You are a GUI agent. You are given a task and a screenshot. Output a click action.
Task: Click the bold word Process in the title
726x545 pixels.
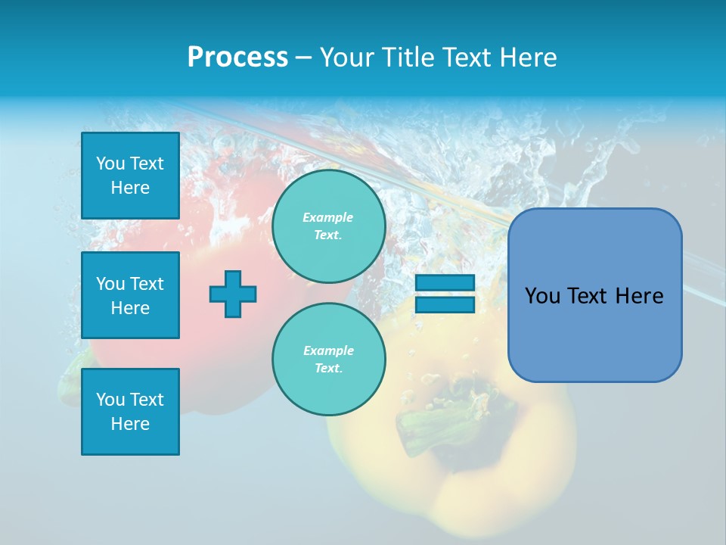[x=237, y=58]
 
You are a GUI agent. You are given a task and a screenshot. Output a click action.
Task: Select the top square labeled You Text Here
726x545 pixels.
[x=130, y=176]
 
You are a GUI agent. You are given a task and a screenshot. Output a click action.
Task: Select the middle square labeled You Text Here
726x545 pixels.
[x=130, y=295]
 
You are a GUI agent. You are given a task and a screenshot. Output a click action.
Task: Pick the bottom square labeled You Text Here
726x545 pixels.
[x=130, y=412]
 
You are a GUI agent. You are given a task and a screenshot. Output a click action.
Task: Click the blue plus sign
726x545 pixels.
[x=233, y=294]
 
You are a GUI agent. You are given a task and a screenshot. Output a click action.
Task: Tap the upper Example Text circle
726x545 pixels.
[x=328, y=226]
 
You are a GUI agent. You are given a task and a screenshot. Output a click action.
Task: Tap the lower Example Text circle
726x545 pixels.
[x=328, y=360]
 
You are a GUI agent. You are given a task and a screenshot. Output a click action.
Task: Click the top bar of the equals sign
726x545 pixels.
[x=445, y=282]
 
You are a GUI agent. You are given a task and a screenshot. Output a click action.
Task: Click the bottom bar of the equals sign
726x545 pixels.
[x=445, y=304]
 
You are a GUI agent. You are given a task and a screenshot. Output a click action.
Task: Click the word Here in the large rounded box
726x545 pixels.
[x=639, y=296]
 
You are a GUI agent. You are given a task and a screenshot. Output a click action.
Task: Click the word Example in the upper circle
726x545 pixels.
[x=328, y=217]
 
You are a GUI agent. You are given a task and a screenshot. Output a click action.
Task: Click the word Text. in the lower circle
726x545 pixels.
[x=328, y=369]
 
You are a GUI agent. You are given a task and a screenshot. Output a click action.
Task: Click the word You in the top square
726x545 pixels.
[x=110, y=163]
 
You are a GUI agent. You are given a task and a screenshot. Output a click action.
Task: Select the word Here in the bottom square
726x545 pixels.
[x=130, y=424]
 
